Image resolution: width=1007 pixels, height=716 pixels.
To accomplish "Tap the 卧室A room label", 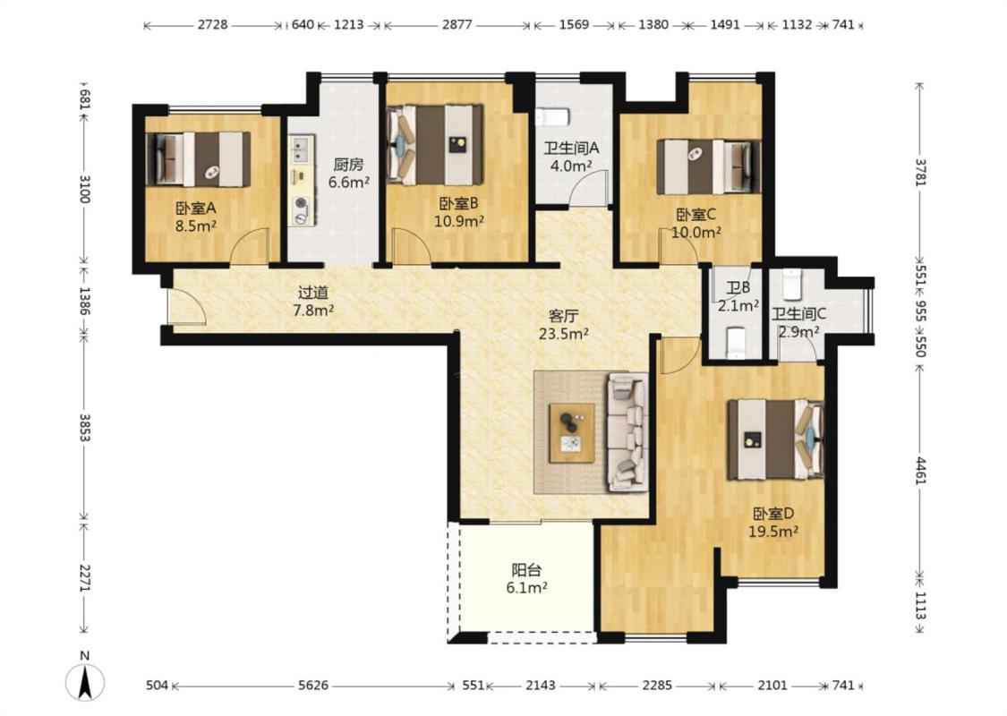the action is (x=195, y=208).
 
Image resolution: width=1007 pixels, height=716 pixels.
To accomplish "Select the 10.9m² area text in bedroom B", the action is (x=459, y=222).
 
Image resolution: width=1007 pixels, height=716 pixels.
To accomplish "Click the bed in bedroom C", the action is (x=708, y=167).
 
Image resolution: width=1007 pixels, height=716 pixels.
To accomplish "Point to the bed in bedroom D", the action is (x=776, y=439).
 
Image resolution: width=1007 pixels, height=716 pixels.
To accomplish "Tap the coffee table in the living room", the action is (x=572, y=433).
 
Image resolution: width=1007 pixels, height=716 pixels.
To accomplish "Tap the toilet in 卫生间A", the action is (x=552, y=117).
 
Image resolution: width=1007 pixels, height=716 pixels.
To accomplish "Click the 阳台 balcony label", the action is (x=526, y=569).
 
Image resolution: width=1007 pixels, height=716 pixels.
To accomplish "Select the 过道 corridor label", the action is (x=313, y=293).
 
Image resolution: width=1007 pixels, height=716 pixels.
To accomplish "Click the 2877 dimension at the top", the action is (x=457, y=25).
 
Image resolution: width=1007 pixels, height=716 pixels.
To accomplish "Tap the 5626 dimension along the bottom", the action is (x=312, y=686).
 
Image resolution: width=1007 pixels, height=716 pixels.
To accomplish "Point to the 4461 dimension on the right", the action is (x=920, y=472).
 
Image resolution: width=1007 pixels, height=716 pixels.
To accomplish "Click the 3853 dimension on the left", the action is (x=84, y=427).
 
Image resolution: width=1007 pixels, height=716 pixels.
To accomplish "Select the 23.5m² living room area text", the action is (x=564, y=334).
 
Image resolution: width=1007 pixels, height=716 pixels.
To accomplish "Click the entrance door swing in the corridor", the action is (x=186, y=306).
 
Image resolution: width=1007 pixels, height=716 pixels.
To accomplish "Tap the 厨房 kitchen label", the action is (x=348, y=165).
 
